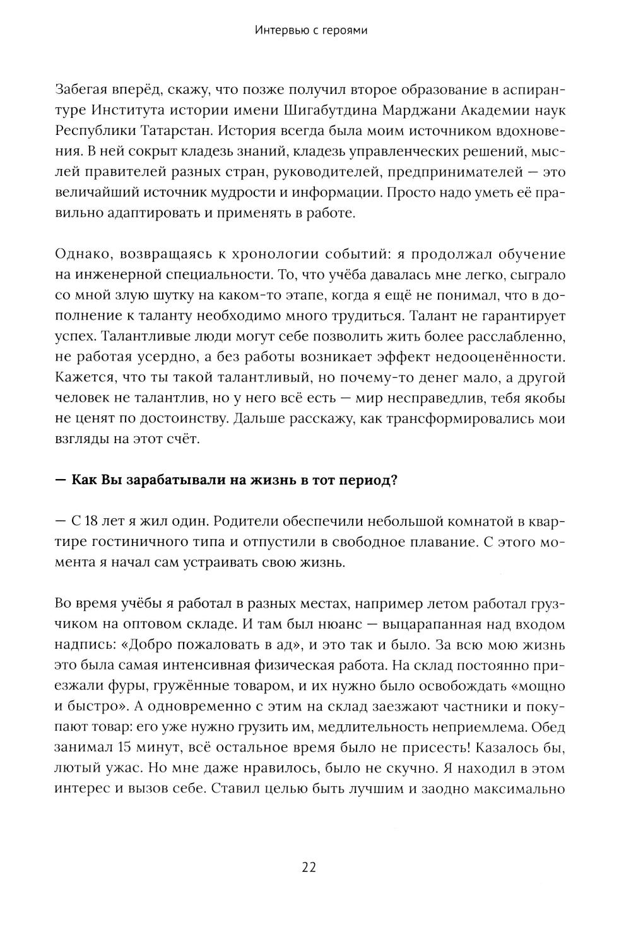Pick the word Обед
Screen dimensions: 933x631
(548, 727)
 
